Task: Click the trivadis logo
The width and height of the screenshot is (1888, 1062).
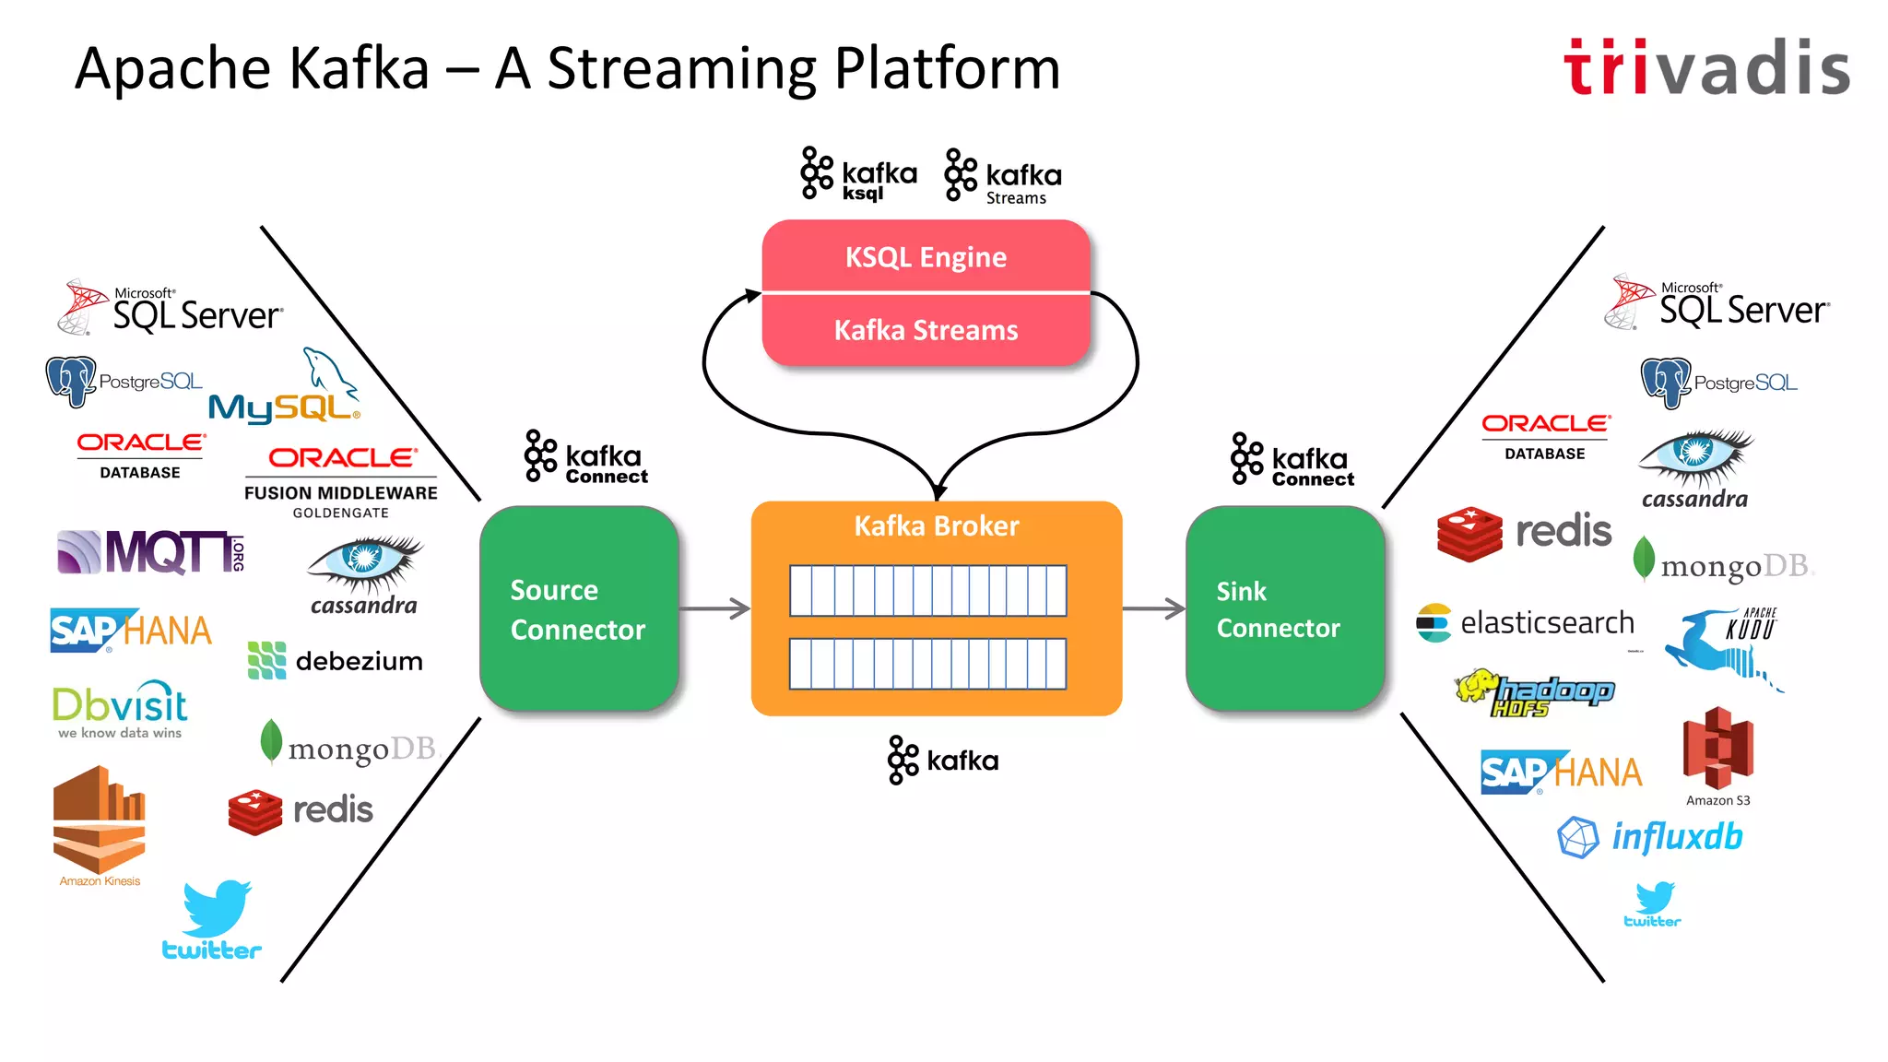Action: coord(1706,67)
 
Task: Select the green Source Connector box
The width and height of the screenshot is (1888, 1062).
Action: coord(579,608)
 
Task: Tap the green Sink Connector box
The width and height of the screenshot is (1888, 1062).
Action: coord(1285,608)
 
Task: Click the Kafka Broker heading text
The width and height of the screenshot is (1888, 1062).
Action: coord(936,525)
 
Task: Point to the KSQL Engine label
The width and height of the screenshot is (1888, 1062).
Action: coord(926,257)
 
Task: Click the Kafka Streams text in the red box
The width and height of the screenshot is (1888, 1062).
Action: coord(926,330)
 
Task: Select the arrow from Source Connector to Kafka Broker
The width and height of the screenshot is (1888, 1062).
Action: coord(714,608)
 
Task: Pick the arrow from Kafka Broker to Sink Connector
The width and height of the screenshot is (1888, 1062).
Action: coord(1153,608)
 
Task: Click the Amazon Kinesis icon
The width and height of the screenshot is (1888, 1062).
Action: coord(100,823)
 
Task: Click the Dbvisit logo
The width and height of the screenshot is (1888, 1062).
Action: coord(120,710)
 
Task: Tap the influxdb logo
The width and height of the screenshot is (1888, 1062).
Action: coord(1650,837)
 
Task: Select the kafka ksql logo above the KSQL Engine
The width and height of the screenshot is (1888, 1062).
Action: coord(858,175)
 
